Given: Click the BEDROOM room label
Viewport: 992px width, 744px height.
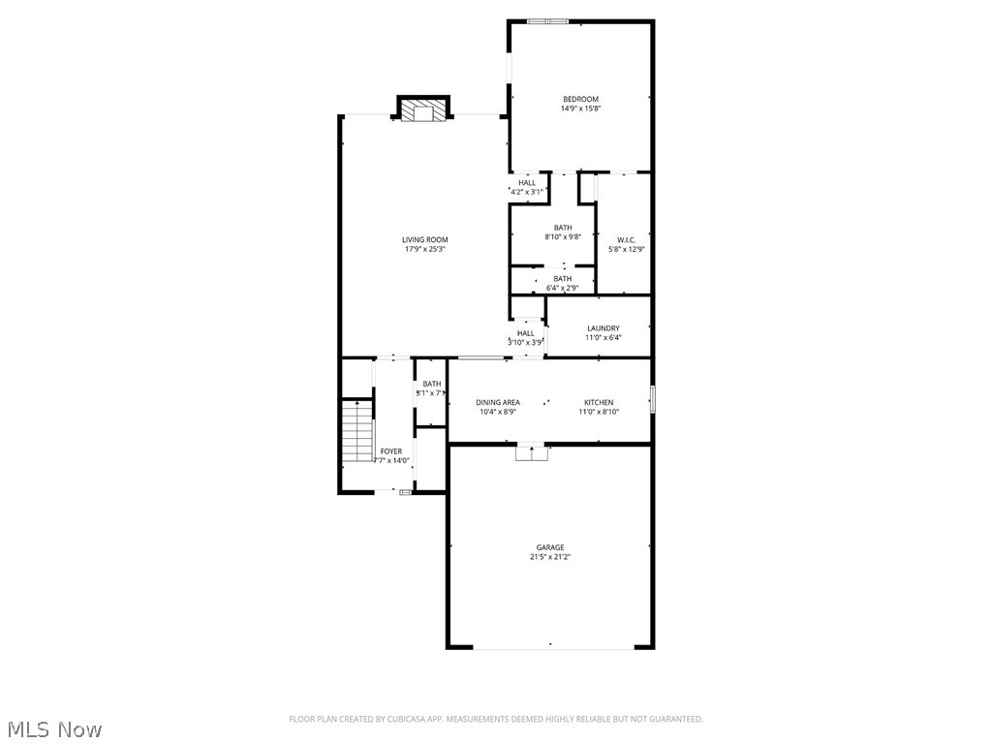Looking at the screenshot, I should click(580, 99).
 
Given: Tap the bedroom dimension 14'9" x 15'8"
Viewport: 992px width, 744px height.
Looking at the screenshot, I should click(580, 108).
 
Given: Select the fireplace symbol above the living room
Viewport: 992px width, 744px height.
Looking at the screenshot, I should click(421, 111).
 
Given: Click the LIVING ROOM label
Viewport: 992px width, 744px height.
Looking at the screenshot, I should click(424, 239).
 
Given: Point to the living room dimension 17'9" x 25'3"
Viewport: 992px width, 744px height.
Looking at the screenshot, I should click(424, 249).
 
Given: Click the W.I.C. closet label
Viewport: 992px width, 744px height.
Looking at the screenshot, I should click(626, 239).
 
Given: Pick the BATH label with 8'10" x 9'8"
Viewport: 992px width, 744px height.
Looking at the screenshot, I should click(563, 228).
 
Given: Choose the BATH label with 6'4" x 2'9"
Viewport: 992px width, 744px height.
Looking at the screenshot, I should click(562, 279).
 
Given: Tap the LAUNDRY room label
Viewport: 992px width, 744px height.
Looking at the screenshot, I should click(603, 328).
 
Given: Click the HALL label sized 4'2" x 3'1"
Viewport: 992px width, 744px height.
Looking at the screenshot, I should click(526, 182).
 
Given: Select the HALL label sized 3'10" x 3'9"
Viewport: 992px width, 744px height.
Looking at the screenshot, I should click(525, 333).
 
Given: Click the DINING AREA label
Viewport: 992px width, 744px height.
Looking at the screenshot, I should click(497, 402).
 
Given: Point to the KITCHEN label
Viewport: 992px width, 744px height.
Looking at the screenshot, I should click(599, 402).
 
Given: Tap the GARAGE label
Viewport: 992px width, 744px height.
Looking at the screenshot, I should click(550, 547).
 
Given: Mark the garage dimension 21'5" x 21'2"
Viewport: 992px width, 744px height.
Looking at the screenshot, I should click(550, 557).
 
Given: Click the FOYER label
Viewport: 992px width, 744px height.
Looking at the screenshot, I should click(390, 451).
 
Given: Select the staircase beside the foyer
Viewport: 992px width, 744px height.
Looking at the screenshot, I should click(358, 431).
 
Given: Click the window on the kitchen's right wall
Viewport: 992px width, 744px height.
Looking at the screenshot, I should click(653, 398).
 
